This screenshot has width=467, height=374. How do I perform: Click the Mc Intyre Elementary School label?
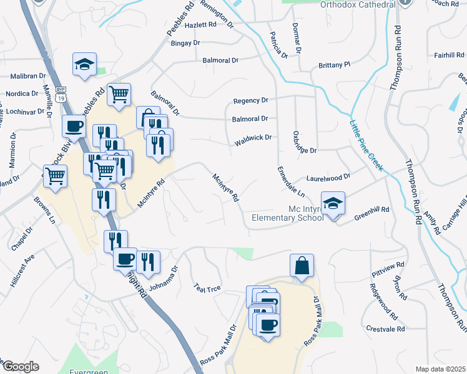tap(287, 213)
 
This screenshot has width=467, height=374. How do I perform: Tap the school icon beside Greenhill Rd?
tap(333, 203)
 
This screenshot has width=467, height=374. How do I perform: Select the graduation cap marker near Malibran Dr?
tap(84, 65)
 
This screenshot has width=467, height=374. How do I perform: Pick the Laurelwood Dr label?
tap(328, 177)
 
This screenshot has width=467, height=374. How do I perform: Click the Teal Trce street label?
tap(208, 287)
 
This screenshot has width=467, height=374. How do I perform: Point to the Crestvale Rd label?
tap(386, 328)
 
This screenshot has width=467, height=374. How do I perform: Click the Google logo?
tap(20, 367)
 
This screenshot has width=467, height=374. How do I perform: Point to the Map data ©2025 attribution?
tap(441, 369)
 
